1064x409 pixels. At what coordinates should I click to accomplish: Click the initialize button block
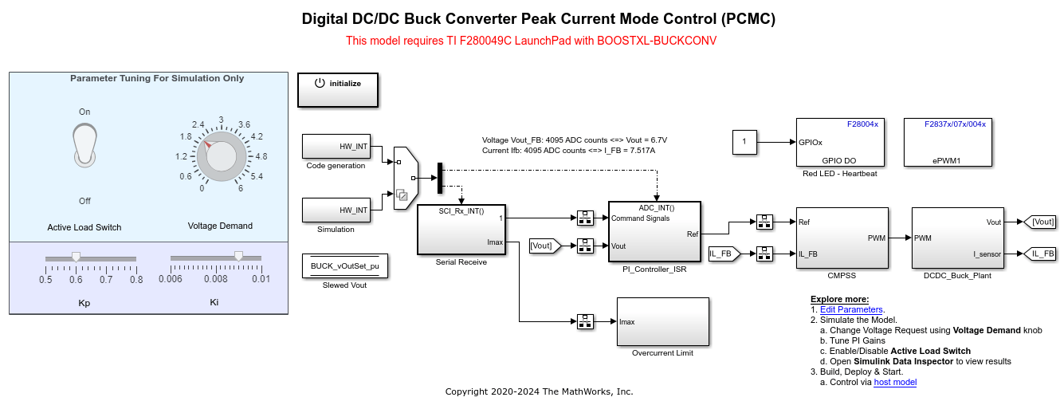[x=338, y=90]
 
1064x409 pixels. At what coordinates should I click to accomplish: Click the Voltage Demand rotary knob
[x=221, y=155]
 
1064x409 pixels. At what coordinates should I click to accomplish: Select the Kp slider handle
[x=76, y=257]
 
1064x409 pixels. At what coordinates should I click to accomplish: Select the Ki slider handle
[x=238, y=256]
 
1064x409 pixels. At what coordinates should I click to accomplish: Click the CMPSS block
[x=842, y=238]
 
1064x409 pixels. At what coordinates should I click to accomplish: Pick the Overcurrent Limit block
[x=662, y=321]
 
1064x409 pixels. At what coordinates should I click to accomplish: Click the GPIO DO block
[x=842, y=142]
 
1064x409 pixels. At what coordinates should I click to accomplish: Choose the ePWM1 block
[x=947, y=142]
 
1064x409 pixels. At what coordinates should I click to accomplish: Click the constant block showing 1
[x=744, y=142]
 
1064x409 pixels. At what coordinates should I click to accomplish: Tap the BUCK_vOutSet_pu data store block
[x=345, y=266]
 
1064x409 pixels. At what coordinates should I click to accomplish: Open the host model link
[x=895, y=382]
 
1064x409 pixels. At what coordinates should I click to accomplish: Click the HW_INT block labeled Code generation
[x=336, y=147]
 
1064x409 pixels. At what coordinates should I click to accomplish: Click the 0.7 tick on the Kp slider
[x=106, y=279]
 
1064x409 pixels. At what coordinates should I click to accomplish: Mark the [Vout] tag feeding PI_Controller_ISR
[x=545, y=246]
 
